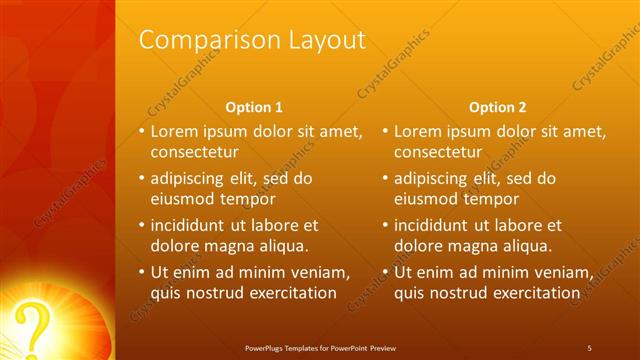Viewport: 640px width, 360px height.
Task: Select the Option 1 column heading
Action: click(254, 107)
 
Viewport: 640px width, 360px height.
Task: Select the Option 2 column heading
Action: click(497, 107)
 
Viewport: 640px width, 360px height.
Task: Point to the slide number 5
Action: click(590, 347)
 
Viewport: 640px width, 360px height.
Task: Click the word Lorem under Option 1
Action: click(174, 131)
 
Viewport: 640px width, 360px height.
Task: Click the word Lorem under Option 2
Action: click(418, 131)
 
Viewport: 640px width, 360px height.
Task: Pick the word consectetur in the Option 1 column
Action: click(194, 152)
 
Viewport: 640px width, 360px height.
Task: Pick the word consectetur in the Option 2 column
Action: click(438, 152)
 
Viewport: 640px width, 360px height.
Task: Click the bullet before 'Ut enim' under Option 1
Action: click(142, 272)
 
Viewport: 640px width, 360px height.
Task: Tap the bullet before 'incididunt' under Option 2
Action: click(386, 225)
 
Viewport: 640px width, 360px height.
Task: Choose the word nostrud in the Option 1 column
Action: click(216, 293)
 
